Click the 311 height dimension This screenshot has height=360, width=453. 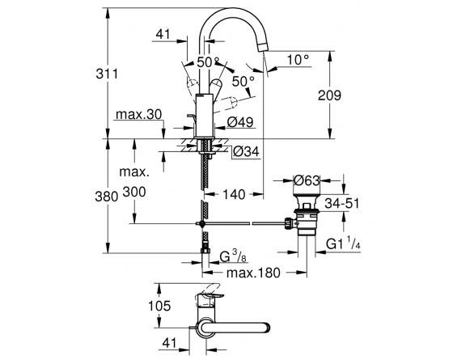[107, 74]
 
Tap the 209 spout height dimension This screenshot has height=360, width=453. [329, 95]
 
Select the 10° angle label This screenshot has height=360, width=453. [298, 60]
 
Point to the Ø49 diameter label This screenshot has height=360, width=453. [240, 122]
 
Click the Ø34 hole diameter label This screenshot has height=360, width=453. [246, 151]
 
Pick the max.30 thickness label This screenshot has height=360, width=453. [138, 115]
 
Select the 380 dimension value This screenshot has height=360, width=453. [107, 197]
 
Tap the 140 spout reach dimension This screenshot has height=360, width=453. [234, 194]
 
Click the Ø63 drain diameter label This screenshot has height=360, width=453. [307, 181]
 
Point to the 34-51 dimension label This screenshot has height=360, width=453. [341, 203]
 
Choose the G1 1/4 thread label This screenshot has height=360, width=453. [343, 243]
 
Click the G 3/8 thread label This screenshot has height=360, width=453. [233, 256]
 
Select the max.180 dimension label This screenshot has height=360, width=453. [253, 273]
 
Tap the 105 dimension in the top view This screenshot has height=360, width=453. [159, 306]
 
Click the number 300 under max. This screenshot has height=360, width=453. [134, 192]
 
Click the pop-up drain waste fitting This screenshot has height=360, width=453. [306, 215]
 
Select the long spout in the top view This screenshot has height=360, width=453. [235, 328]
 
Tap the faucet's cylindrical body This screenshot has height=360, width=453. [205, 116]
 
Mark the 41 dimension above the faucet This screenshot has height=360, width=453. [163, 34]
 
